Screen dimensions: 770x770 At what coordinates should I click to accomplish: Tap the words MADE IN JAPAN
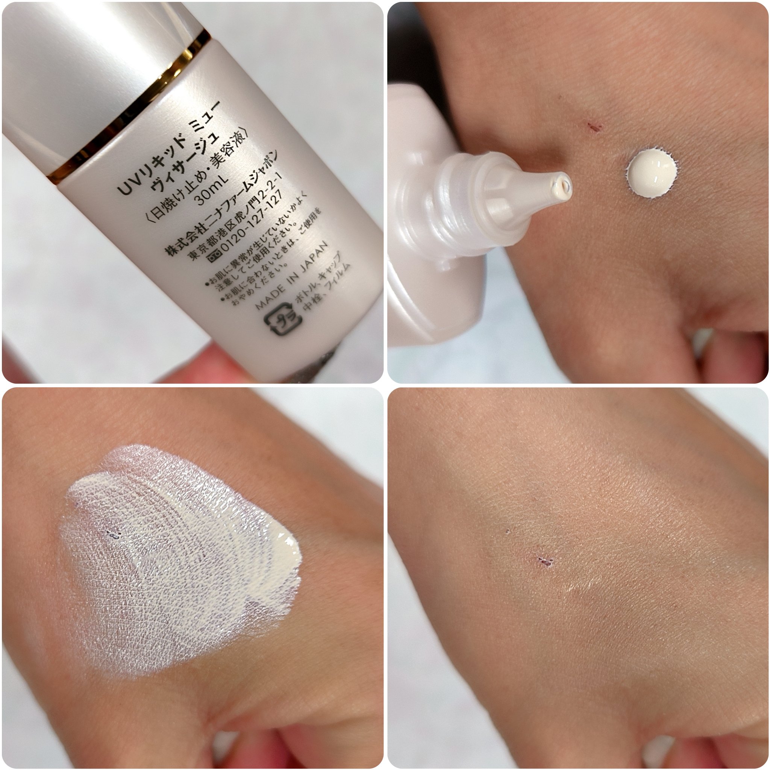click(x=292, y=275)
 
